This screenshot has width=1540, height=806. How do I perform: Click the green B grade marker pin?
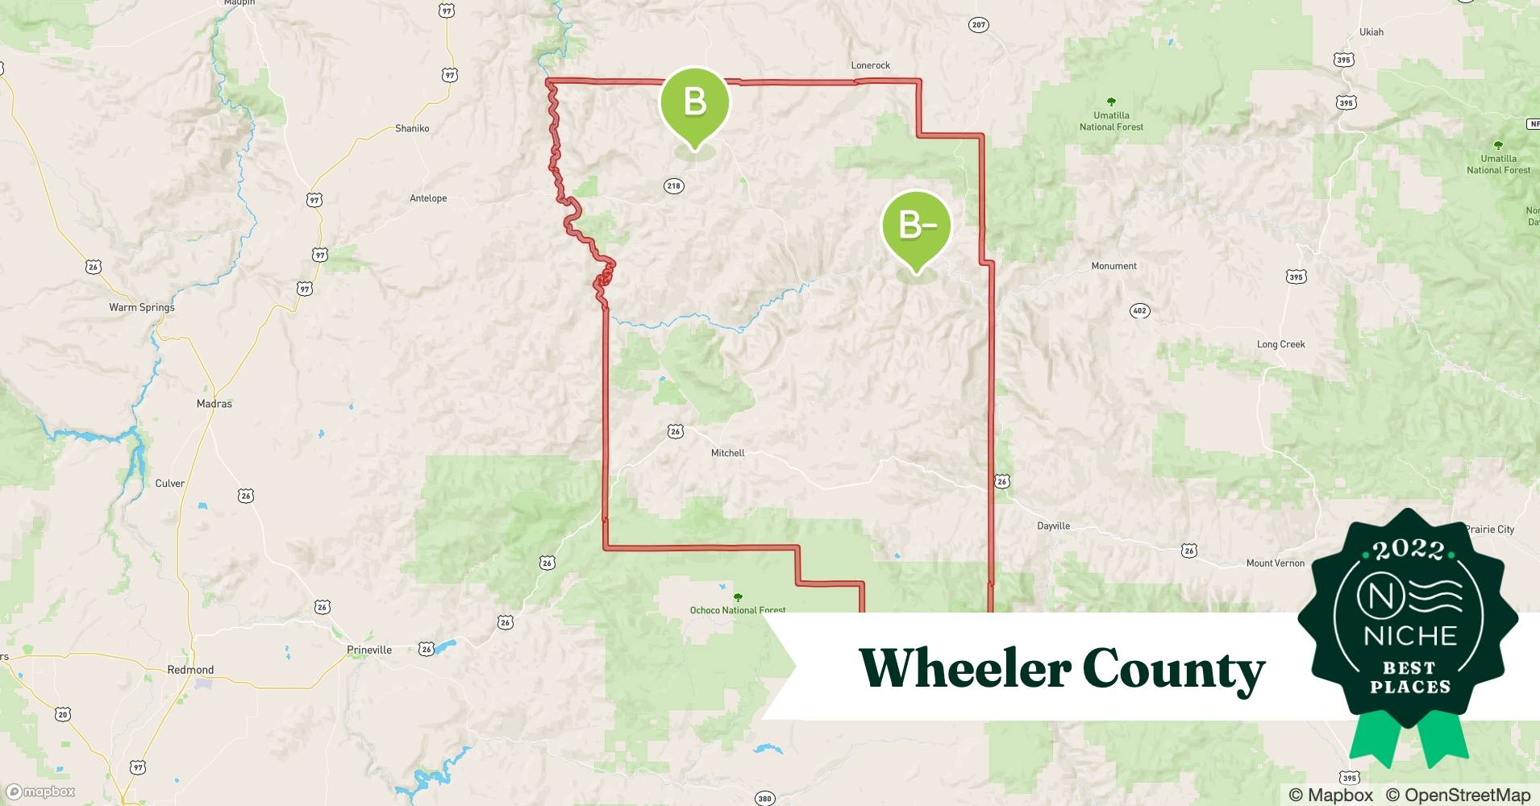coord(694,102)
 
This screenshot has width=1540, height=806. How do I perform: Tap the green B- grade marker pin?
coord(916,226)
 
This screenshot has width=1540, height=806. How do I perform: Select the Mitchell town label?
coord(727,453)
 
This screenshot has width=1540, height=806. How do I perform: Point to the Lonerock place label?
coord(870,65)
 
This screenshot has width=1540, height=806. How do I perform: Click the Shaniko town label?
coord(412,128)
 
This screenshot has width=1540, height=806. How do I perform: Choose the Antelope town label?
coord(428,198)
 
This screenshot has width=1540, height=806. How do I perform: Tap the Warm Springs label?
coord(142,307)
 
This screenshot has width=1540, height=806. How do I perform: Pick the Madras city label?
coord(214,404)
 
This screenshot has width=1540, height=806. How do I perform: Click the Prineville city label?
coord(369,650)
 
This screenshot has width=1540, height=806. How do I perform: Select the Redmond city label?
coord(190,670)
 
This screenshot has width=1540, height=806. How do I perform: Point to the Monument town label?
coord(1113,266)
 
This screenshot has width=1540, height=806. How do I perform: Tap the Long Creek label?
coord(1280,344)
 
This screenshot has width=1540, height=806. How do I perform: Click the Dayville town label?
coord(1053,526)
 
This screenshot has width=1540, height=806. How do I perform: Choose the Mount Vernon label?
coord(1275,563)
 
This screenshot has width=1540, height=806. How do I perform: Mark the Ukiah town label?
coord(1371,32)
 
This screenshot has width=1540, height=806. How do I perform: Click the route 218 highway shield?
coord(673,186)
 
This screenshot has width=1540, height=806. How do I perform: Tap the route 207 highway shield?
coord(978,25)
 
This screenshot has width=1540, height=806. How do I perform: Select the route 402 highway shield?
coord(1139,311)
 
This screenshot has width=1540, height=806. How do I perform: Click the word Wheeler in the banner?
coord(964,667)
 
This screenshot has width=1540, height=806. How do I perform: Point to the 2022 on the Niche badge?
coord(1409,550)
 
